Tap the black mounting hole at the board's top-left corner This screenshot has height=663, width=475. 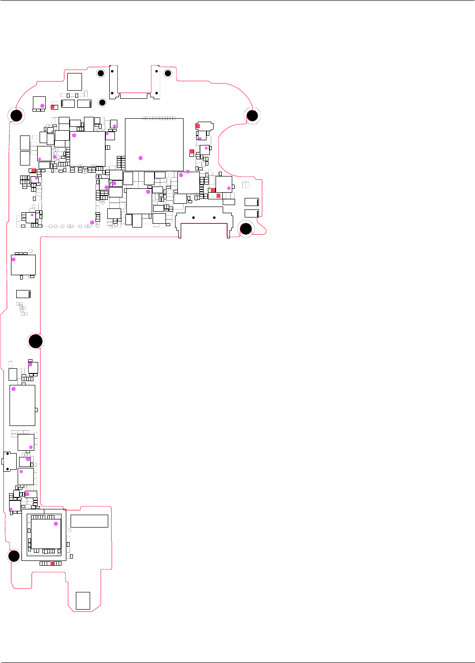15,115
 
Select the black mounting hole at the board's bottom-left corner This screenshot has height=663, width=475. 14,555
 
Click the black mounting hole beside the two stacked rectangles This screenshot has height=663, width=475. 246,229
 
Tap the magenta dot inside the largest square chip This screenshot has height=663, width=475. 141,158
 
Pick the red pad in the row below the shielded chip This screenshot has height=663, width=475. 52,563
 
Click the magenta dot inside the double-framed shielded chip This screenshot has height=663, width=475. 56,524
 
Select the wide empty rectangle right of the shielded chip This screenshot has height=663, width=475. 89,521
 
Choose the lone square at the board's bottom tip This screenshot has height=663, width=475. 83,601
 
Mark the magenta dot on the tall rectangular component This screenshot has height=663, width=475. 13,389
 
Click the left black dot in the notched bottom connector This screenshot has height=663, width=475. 193,218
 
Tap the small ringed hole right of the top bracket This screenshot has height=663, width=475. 167,73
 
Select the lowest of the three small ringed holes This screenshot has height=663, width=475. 102,103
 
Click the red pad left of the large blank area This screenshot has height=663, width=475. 33,171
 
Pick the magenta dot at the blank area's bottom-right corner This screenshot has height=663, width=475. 92,222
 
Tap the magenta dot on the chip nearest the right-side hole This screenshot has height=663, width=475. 229,188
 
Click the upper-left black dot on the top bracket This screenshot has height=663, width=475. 112,71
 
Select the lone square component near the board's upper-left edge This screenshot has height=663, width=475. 74,82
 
